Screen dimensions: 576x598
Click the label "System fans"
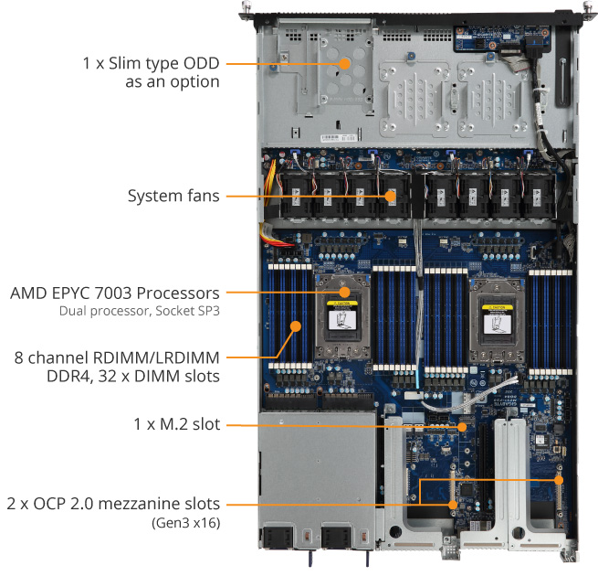pos(173,196)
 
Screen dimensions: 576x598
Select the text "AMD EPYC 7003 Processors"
pos(114,293)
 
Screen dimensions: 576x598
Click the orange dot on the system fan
pos(390,195)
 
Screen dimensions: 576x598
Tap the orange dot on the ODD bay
pos(344,64)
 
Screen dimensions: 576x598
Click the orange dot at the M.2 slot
pos(462,425)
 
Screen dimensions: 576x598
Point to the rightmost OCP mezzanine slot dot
pos(558,479)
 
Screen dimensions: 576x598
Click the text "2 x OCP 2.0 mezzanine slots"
pos(114,504)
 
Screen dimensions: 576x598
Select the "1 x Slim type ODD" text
pos(151,64)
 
